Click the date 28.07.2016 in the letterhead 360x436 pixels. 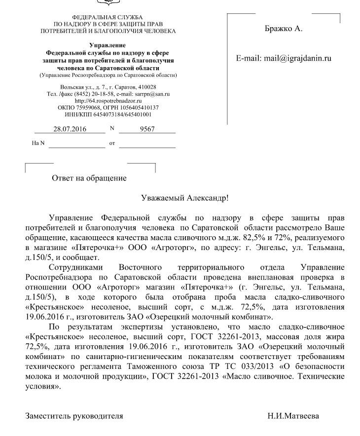click(x=70, y=129)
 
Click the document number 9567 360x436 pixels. click(x=147, y=129)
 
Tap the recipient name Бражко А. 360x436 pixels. click(x=284, y=28)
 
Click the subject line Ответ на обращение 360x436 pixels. click(x=89, y=178)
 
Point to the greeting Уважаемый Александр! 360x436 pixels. click(x=184, y=198)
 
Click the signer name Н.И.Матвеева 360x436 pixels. click(x=293, y=416)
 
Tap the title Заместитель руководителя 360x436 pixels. click(x=74, y=416)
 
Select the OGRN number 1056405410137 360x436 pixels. click(x=137, y=107)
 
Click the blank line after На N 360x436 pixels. click(x=77, y=144)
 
